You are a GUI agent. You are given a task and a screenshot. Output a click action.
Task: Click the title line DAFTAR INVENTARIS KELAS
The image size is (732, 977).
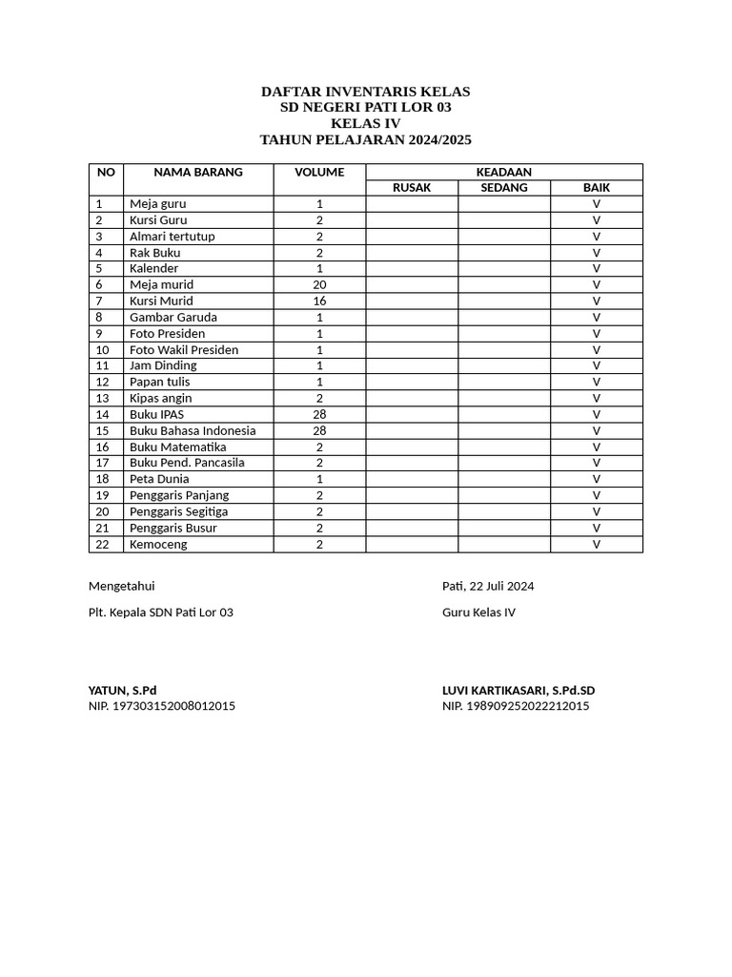click(x=366, y=92)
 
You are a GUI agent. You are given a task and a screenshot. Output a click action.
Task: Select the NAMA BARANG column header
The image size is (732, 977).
click(x=198, y=173)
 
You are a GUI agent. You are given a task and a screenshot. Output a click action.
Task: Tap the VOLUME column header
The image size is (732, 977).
click(x=319, y=173)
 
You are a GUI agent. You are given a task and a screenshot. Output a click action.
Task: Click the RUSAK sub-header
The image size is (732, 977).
click(x=412, y=188)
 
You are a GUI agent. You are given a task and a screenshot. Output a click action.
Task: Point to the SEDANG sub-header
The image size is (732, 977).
click(x=504, y=188)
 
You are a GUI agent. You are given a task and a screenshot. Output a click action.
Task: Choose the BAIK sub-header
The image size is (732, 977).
click(x=597, y=188)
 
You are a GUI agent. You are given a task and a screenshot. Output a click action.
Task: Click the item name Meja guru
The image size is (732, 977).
click(x=158, y=204)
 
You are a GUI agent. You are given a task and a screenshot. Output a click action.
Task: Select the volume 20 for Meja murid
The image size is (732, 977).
click(x=319, y=285)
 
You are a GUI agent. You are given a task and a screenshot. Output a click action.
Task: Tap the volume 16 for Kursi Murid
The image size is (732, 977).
click(x=319, y=301)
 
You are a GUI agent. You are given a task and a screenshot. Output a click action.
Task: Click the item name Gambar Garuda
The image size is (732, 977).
click(x=173, y=318)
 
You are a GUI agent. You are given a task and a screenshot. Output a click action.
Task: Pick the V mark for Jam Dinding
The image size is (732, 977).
click(x=597, y=366)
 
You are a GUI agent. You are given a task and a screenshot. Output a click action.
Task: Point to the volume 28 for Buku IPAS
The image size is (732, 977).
click(x=319, y=415)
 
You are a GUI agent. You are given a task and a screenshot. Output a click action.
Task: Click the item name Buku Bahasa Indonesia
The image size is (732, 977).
click(x=193, y=431)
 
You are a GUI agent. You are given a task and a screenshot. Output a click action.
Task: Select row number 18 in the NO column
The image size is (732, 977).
click(x=103, y=479)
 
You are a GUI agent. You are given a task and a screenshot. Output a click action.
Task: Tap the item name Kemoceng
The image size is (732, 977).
click(x=158, y=545)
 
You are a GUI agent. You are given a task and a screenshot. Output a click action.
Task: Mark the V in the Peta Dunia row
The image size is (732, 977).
click(x=597, y=479)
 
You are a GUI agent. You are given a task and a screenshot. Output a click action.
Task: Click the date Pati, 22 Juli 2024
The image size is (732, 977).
click(x=487, y=586)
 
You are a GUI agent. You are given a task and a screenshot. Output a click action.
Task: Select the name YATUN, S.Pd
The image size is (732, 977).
click(x=122, y=691)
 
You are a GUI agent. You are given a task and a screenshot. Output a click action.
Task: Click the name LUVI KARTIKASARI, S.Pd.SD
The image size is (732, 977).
click(x=518, y=691)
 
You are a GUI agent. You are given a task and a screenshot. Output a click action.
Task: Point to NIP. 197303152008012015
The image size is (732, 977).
click(x=162, y=706)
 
